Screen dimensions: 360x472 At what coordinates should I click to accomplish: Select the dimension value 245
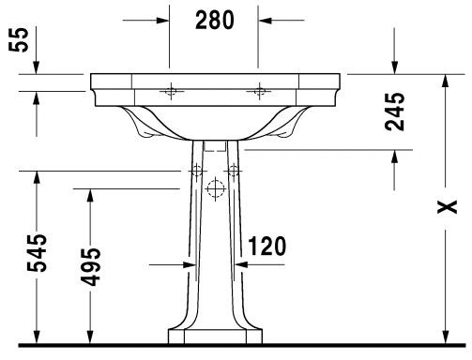coord(395,110)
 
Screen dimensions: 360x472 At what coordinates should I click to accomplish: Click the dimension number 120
coord(266,247)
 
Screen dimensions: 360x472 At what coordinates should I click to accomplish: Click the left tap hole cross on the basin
coord(171,90)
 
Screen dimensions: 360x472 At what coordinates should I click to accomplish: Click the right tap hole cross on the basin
coord(260,90)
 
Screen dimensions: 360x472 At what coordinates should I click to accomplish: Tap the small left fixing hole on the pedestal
coord(196,172)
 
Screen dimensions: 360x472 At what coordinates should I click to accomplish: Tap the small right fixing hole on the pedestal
coord(234,172)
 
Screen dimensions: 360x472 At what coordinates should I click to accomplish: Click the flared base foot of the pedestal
coord(215,336)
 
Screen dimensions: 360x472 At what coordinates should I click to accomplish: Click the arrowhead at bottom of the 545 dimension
coord(36,334)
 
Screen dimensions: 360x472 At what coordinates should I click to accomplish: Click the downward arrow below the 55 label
coord(35,66)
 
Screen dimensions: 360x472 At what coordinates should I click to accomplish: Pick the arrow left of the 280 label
coord(160,18)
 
